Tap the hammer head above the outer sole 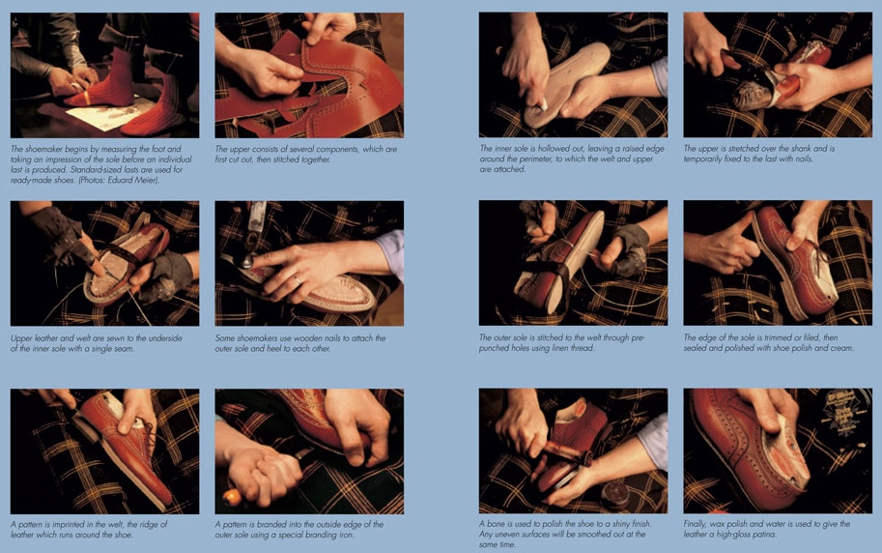pos(248,258)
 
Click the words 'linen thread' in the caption pos(583,347)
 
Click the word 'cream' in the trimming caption pos(839,347)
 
